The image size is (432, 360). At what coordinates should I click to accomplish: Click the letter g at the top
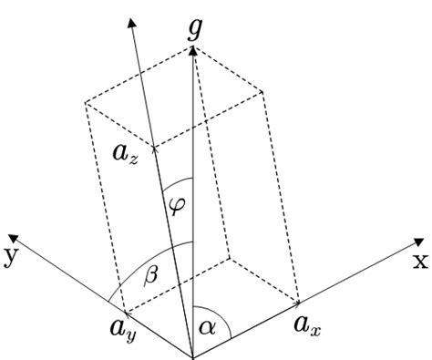(193, 30)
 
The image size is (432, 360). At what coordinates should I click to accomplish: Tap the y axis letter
(12, 256)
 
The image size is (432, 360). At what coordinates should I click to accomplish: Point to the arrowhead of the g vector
(193, 51)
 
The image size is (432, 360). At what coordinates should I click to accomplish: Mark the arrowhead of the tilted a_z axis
(132, 17)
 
